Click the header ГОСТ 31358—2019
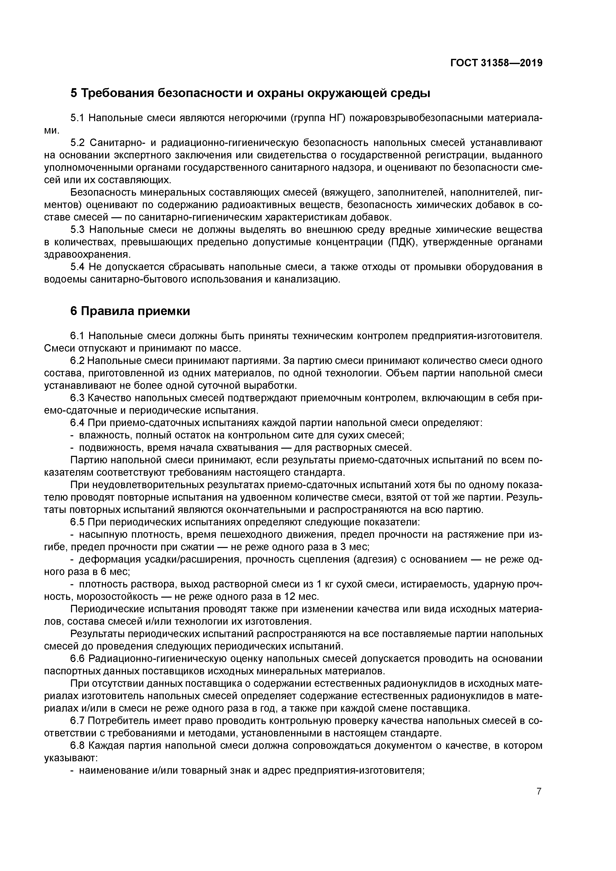click(x=497, y=63)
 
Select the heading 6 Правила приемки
click(x=130, y=311)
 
